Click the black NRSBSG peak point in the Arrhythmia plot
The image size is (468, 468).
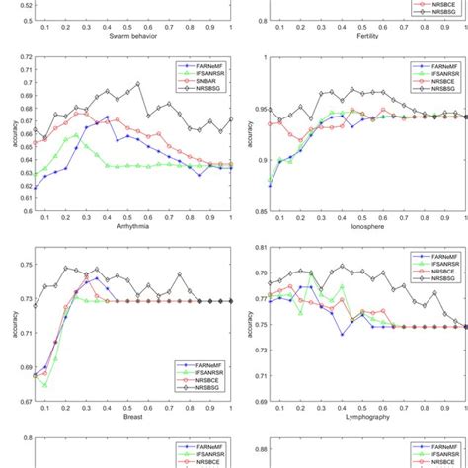[138, 84]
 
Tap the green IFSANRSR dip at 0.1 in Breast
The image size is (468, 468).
[45, 385]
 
